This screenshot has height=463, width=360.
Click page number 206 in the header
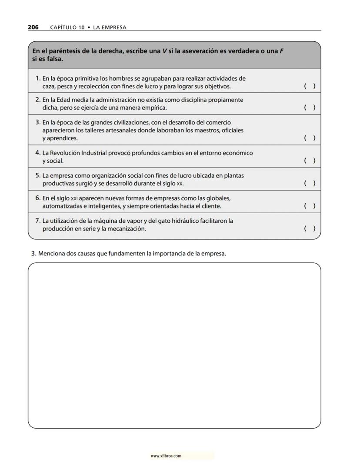click(x=33, y=27)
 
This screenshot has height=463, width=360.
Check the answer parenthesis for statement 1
click(x=310, y=86)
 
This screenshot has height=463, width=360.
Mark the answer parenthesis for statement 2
click(x=310, y=107)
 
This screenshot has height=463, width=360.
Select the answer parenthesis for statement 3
click(x=310, y=138)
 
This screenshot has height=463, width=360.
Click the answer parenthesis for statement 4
click(x=310, y=161)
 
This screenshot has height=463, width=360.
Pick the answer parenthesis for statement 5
click(x=310, y=183)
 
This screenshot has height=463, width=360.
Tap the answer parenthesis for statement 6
click(x=310, y=206)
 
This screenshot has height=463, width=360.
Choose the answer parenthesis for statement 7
click(x=310, y=228)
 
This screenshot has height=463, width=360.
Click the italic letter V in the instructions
click(x=165, y=51)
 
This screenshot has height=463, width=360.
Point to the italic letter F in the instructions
click(x=281, y=51)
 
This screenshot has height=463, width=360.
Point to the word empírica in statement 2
click(x=154, y=107)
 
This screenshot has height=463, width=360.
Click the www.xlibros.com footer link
click(x=166, y=456)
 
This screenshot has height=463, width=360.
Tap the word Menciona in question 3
click(x=50, y=254)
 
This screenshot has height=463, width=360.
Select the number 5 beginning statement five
click(x=37, y=175)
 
